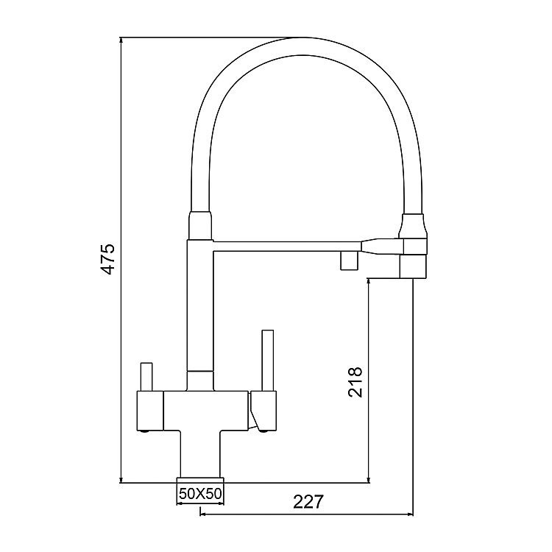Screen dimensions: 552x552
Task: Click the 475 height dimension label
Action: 108,258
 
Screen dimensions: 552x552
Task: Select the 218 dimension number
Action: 355,382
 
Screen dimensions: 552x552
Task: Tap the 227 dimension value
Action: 308,502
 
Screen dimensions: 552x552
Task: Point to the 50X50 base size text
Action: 201,495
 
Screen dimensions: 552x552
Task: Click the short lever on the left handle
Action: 146,377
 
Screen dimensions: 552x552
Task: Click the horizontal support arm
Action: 287,244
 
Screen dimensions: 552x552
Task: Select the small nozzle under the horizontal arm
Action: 347,261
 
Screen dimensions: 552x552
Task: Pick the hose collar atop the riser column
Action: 200,224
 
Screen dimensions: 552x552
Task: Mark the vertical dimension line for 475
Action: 120,258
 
